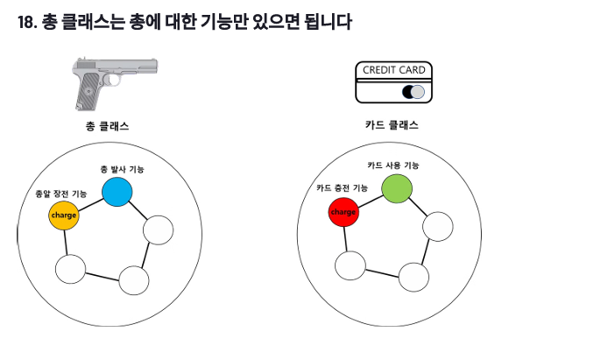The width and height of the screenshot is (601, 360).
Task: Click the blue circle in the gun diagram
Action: pyautogui.click(x=117, y=191)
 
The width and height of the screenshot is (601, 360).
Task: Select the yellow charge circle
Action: pyautogui.click(x=64, y=215)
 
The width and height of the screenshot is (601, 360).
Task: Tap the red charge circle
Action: pyautogui.click(x=344, y=212)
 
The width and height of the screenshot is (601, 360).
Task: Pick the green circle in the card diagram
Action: pyautogui.click(x=397, y=188)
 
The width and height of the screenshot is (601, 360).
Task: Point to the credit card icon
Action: pyautogui.click(x=393, y=83)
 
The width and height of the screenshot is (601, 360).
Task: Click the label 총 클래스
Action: pyautogui.click(x=108, y=126)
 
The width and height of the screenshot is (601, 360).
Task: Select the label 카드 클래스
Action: pyautogui.click(x=392, y=125)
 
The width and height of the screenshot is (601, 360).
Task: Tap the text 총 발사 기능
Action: pyautogui.click(x=123, y=168)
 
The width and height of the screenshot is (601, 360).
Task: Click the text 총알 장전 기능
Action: pyautogui.click(x=60, y=194)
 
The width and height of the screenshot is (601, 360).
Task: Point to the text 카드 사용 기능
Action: pyautogui.click(x=392, y=166)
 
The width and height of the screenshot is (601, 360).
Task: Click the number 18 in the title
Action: pyautogui.click(x=25, y=23)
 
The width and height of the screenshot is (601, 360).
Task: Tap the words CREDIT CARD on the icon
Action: pyautogui.click(x=394, y=70)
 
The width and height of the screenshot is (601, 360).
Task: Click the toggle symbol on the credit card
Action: pyautogui.click(x=413, y=92)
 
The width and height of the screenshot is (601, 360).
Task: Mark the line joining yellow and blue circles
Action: pyautogui.click(x=90, y=203)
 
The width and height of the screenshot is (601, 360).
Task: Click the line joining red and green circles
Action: pyautogui.click(x=371, y=201)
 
